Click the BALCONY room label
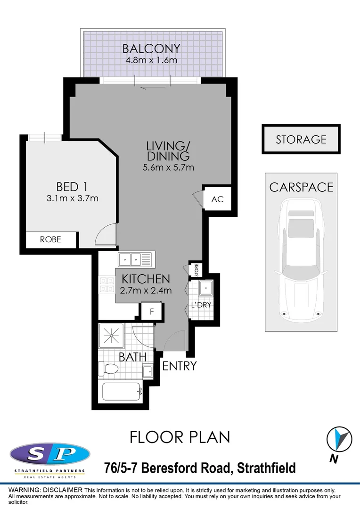click(x=151, y=49)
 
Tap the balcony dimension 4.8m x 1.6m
click(x=151, y=60)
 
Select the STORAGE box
click(x=301, y=139)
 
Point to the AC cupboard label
click(x=217, y=199)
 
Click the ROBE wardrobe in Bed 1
click(x=50, y=239)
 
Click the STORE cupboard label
click(x=196, y=270)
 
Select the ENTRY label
click(x=179, y=366)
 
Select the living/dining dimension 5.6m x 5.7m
click(x=169, y=167)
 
